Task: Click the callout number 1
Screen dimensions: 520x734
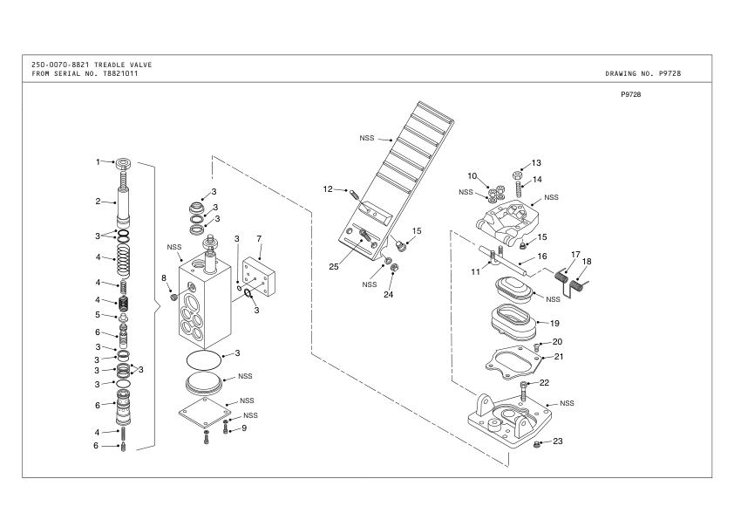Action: click(99, 161)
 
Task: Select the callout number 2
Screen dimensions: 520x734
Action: click(99, 202)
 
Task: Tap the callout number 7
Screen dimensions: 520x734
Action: click(259, 238)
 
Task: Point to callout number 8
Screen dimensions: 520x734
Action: click(163, 277)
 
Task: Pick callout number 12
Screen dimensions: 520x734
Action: click(328, 188)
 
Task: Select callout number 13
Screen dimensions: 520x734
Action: click(536, 162)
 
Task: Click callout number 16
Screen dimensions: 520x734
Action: click(541, 257)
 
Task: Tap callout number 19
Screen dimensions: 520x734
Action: click(554, 323)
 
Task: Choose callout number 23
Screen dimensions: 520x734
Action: click(558, 441)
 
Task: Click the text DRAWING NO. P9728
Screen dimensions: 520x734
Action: click(642, 73)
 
